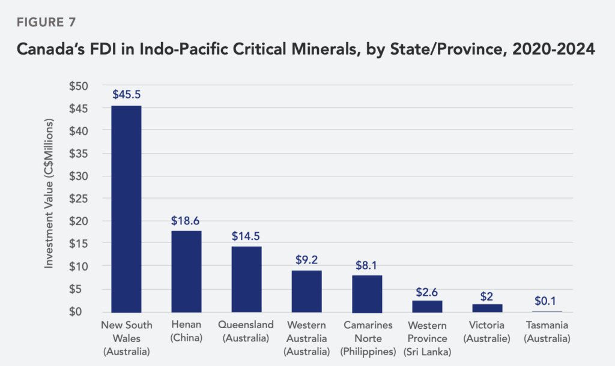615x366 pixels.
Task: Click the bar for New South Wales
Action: click(126, 208)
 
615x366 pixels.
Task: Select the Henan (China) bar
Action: click(186, 271)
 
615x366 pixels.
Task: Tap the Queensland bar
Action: click(246, 279)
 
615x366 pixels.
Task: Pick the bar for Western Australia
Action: click(307, 291)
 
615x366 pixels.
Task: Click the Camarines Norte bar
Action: click(367, 293)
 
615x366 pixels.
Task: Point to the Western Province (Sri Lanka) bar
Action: click(427, 306)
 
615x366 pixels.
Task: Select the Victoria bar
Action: click(487, 308)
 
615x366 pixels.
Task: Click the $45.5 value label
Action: click(126, 94)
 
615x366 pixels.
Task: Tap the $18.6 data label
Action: click(186, 220)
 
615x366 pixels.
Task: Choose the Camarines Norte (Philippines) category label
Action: click(367, 338)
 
